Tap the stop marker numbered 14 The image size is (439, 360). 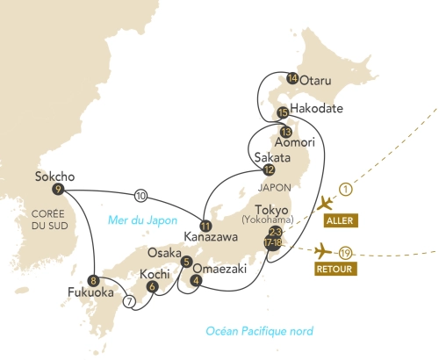tap(292, 79)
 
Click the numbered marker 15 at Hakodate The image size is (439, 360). tap(283, 112)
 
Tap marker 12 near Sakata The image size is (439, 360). tap(269, 170)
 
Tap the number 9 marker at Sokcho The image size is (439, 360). tap(58, 189)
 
